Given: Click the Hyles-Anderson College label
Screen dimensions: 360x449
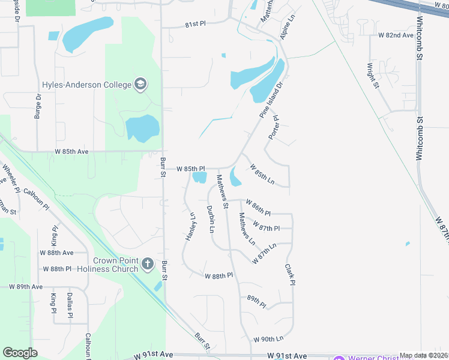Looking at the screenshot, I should pyautogui.click(x=86, y=85).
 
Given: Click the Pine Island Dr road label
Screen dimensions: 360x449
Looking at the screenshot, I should pyautogui.click(x=270, y=100).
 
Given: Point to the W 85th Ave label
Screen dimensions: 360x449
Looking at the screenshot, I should pyautogui.click(x=71, y=152).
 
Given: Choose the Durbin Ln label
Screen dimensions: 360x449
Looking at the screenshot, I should pyautogui.click(x=211, y=219).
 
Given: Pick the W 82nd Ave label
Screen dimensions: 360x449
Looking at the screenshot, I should pyautogui.click(x=396, y=35).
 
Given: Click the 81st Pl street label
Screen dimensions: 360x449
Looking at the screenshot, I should pyautogui.click(x=195, y=23).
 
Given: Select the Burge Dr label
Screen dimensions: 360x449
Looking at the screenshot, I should pyautogui.click(x=38, y=106).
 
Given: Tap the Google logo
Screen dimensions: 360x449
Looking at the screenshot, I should pyautogui.click(x=20, y=353).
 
